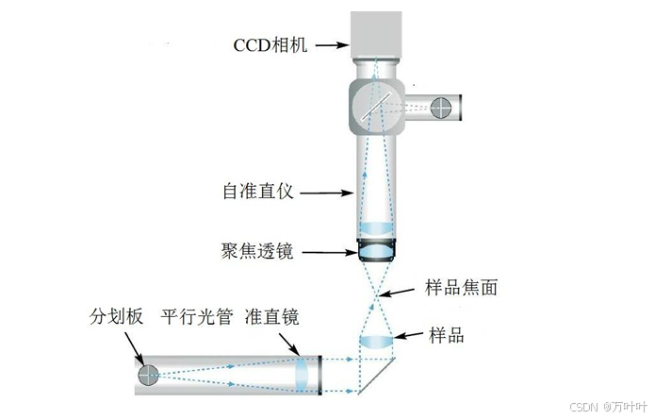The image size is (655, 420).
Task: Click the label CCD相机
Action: click(x=271, y=43)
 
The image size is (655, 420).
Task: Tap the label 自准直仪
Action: click(x=259, y=192)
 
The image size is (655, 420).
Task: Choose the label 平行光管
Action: click(x=195, y=318)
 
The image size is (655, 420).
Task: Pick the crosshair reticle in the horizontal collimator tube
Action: click(x=148, y=376)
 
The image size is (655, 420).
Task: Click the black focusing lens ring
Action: click(x=378, y=251)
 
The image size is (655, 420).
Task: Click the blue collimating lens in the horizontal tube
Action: click(x=301, y=376)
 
